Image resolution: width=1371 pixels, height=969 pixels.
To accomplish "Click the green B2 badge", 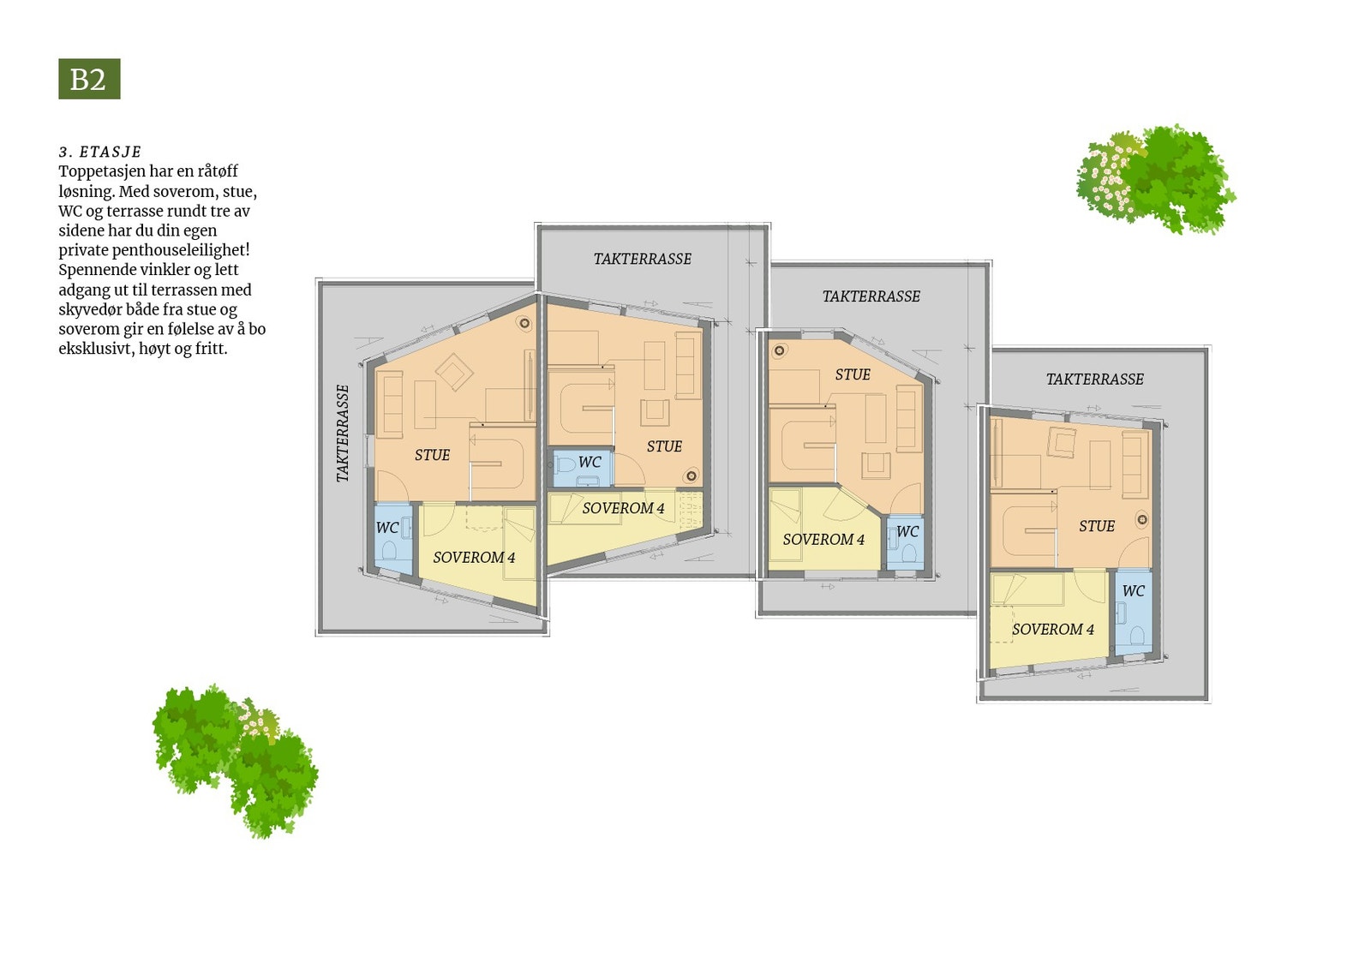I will (x=89, y=79).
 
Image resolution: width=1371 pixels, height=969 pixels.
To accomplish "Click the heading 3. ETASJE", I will (x=100, y=152).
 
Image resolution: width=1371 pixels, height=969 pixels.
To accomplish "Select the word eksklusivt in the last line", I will (x=96, y=349).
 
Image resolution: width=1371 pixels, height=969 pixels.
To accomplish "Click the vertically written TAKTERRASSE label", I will (x=343, y=434).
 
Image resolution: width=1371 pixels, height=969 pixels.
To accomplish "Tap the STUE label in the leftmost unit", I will (x=432, y=455).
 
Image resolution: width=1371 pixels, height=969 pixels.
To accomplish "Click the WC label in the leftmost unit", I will (x=387, y=528).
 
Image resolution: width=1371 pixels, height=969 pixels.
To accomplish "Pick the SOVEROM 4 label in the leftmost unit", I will (x=474, y=558).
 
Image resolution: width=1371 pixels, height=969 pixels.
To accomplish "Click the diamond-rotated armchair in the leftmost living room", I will (x=454, y=373).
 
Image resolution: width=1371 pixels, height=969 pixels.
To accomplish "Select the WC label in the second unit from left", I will (x=590, y=463).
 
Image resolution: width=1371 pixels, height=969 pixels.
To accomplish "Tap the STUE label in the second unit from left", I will (x=664, y=446).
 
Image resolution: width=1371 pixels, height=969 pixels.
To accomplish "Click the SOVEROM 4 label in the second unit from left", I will (x=623, y=509).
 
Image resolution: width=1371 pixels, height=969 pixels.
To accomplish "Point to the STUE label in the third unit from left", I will (x=853, y=374).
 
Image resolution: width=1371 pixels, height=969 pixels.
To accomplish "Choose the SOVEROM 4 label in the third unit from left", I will (x=823, y=540).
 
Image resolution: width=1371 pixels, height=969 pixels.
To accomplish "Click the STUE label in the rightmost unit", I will (x=1097, y=526).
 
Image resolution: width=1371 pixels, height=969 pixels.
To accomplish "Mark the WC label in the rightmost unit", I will (x=1133, y=591).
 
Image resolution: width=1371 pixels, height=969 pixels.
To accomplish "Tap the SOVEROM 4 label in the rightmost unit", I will (x=1053, y=630).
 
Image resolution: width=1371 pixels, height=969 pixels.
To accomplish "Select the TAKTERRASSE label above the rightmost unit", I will (x=1094, y=379).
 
